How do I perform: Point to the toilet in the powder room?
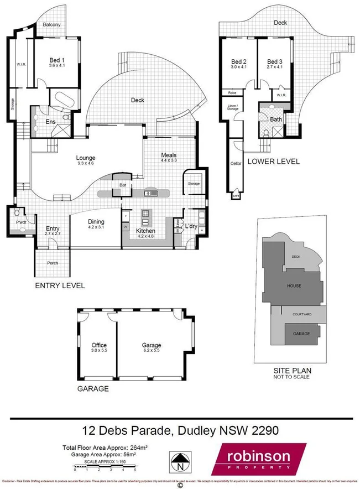point(17,213)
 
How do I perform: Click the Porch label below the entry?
point(53,263)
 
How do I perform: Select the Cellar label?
point(235,164)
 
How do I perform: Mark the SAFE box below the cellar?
point(236,195)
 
